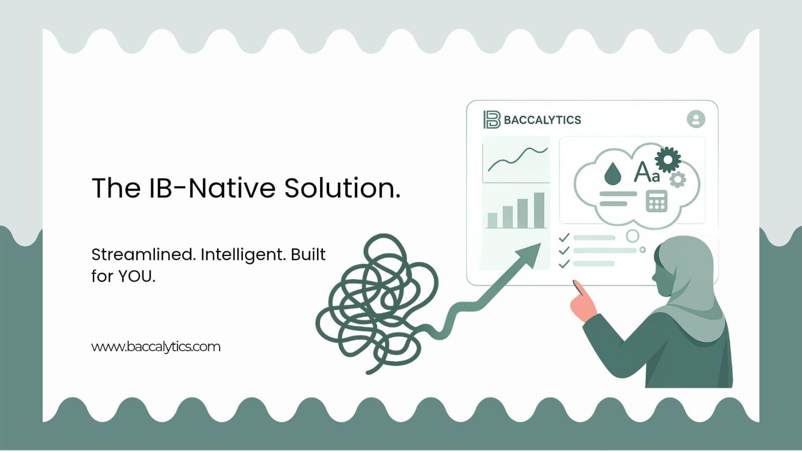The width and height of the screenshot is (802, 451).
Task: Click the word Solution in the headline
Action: point(342,188)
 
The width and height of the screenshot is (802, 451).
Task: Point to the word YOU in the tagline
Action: point(136,276)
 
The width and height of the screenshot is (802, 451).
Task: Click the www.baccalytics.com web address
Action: point(155,347)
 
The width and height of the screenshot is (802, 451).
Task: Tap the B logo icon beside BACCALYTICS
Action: point(492,119)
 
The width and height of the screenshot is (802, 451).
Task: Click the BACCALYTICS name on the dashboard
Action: point(542,120)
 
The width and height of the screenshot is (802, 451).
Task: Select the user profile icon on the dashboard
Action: point(696,119)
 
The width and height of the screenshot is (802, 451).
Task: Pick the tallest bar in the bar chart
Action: point(539,210)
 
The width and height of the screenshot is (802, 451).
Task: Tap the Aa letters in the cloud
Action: point(647,172)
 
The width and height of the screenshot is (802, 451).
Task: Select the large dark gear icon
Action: point(668,160)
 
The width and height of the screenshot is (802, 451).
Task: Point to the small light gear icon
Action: point(678,179)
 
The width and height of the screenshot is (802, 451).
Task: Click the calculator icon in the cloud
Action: point(656,201)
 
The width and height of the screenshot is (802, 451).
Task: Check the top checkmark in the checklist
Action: point(564,237)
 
